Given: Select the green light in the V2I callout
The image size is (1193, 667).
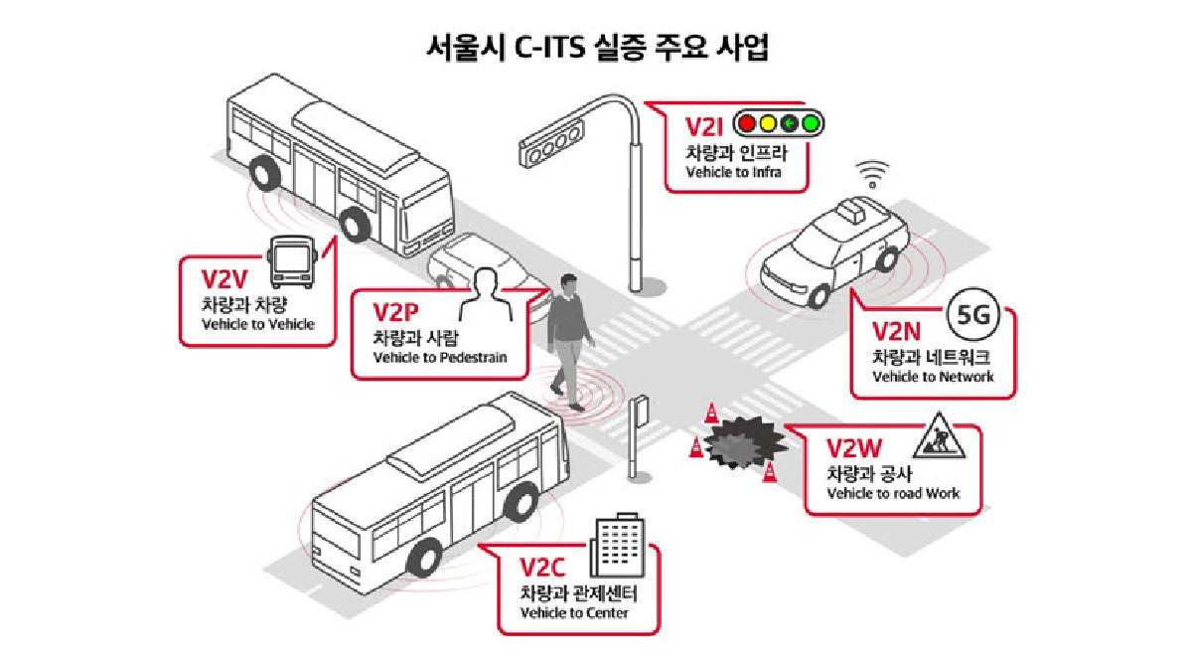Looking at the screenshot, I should pos(811,124).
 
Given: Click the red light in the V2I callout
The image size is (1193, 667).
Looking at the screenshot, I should pos(745,124).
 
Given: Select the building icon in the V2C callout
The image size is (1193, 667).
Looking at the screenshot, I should pos(612,547).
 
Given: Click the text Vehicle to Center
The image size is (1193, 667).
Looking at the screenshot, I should pos(574,612).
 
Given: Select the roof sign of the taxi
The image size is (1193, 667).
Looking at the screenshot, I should pos(852,210).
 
